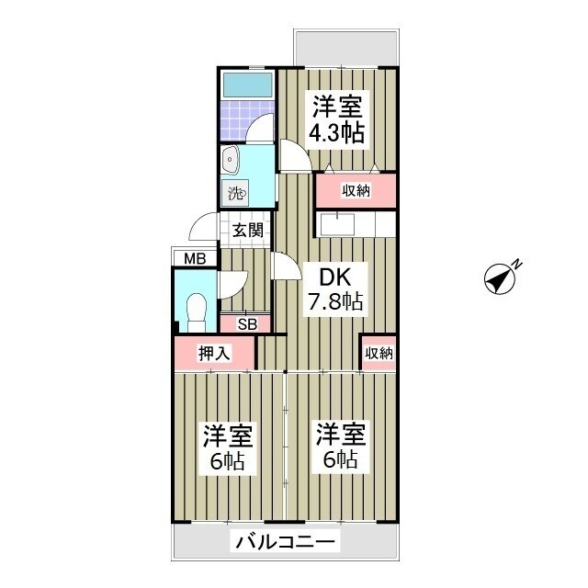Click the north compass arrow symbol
[x=502, y=277]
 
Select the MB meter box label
[x=194, y=259]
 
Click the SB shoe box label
[x=246, y=322]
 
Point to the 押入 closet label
[x=213, y=352]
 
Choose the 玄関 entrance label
[x=247, y=230]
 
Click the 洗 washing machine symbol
[x=235, y=194]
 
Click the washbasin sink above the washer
[x=231, y=163]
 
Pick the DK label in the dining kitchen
[x=334, y=275]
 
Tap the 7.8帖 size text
[x=336, y=300]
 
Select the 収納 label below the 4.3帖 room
[x=356, y=191]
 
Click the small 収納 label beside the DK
[x=379, y=352]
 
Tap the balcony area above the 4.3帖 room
[x=345, y=47]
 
